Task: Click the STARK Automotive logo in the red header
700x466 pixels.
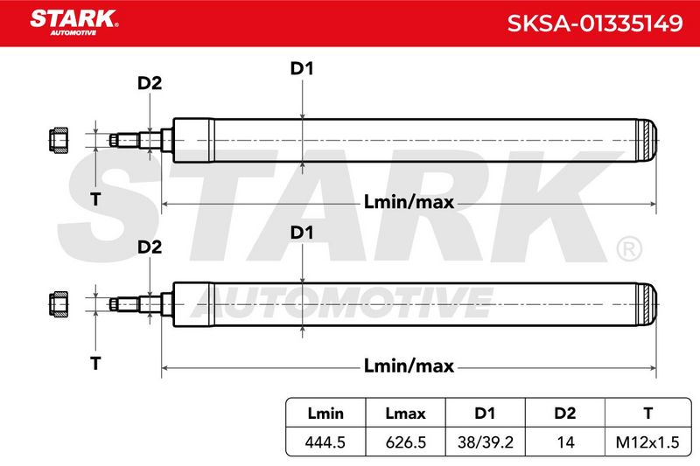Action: pyautogui.click(x=73, y=23)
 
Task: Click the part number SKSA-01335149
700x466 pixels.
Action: pyautogui.click(x=595, y=23)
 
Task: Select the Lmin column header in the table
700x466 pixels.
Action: pyautogui.click(x=325, y=414)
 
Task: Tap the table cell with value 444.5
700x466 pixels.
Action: pyautogui.click(x=325, y=442)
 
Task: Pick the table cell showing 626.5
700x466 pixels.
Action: pyautogui.click(x=405, y=442)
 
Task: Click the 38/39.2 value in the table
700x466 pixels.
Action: pyautogui.click(x=486, y=442)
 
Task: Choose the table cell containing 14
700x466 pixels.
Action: pyautogui.click(x=565, y=442)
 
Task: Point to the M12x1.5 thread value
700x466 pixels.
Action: pyautogui.click(x=647, y=442)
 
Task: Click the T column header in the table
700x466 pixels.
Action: pyautogui.click(x=648, y=414)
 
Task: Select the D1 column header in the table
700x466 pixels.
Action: pyautogui.click(x=486, y=414)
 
